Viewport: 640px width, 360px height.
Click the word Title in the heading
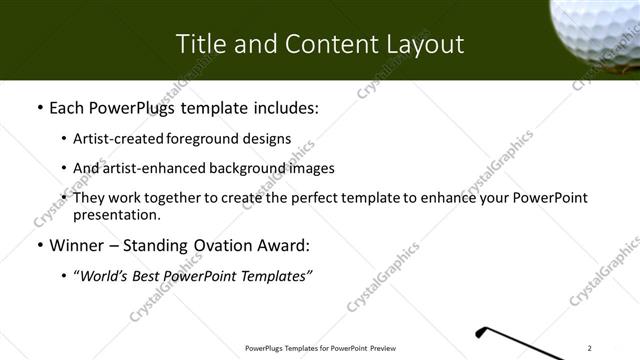click(198, 44)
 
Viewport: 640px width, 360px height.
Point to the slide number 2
click(591, 348)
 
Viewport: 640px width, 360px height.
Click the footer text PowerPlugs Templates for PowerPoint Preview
click(320, 348)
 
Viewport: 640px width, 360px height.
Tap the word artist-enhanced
click(150, 168)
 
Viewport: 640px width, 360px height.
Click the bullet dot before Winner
click(38, 245)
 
